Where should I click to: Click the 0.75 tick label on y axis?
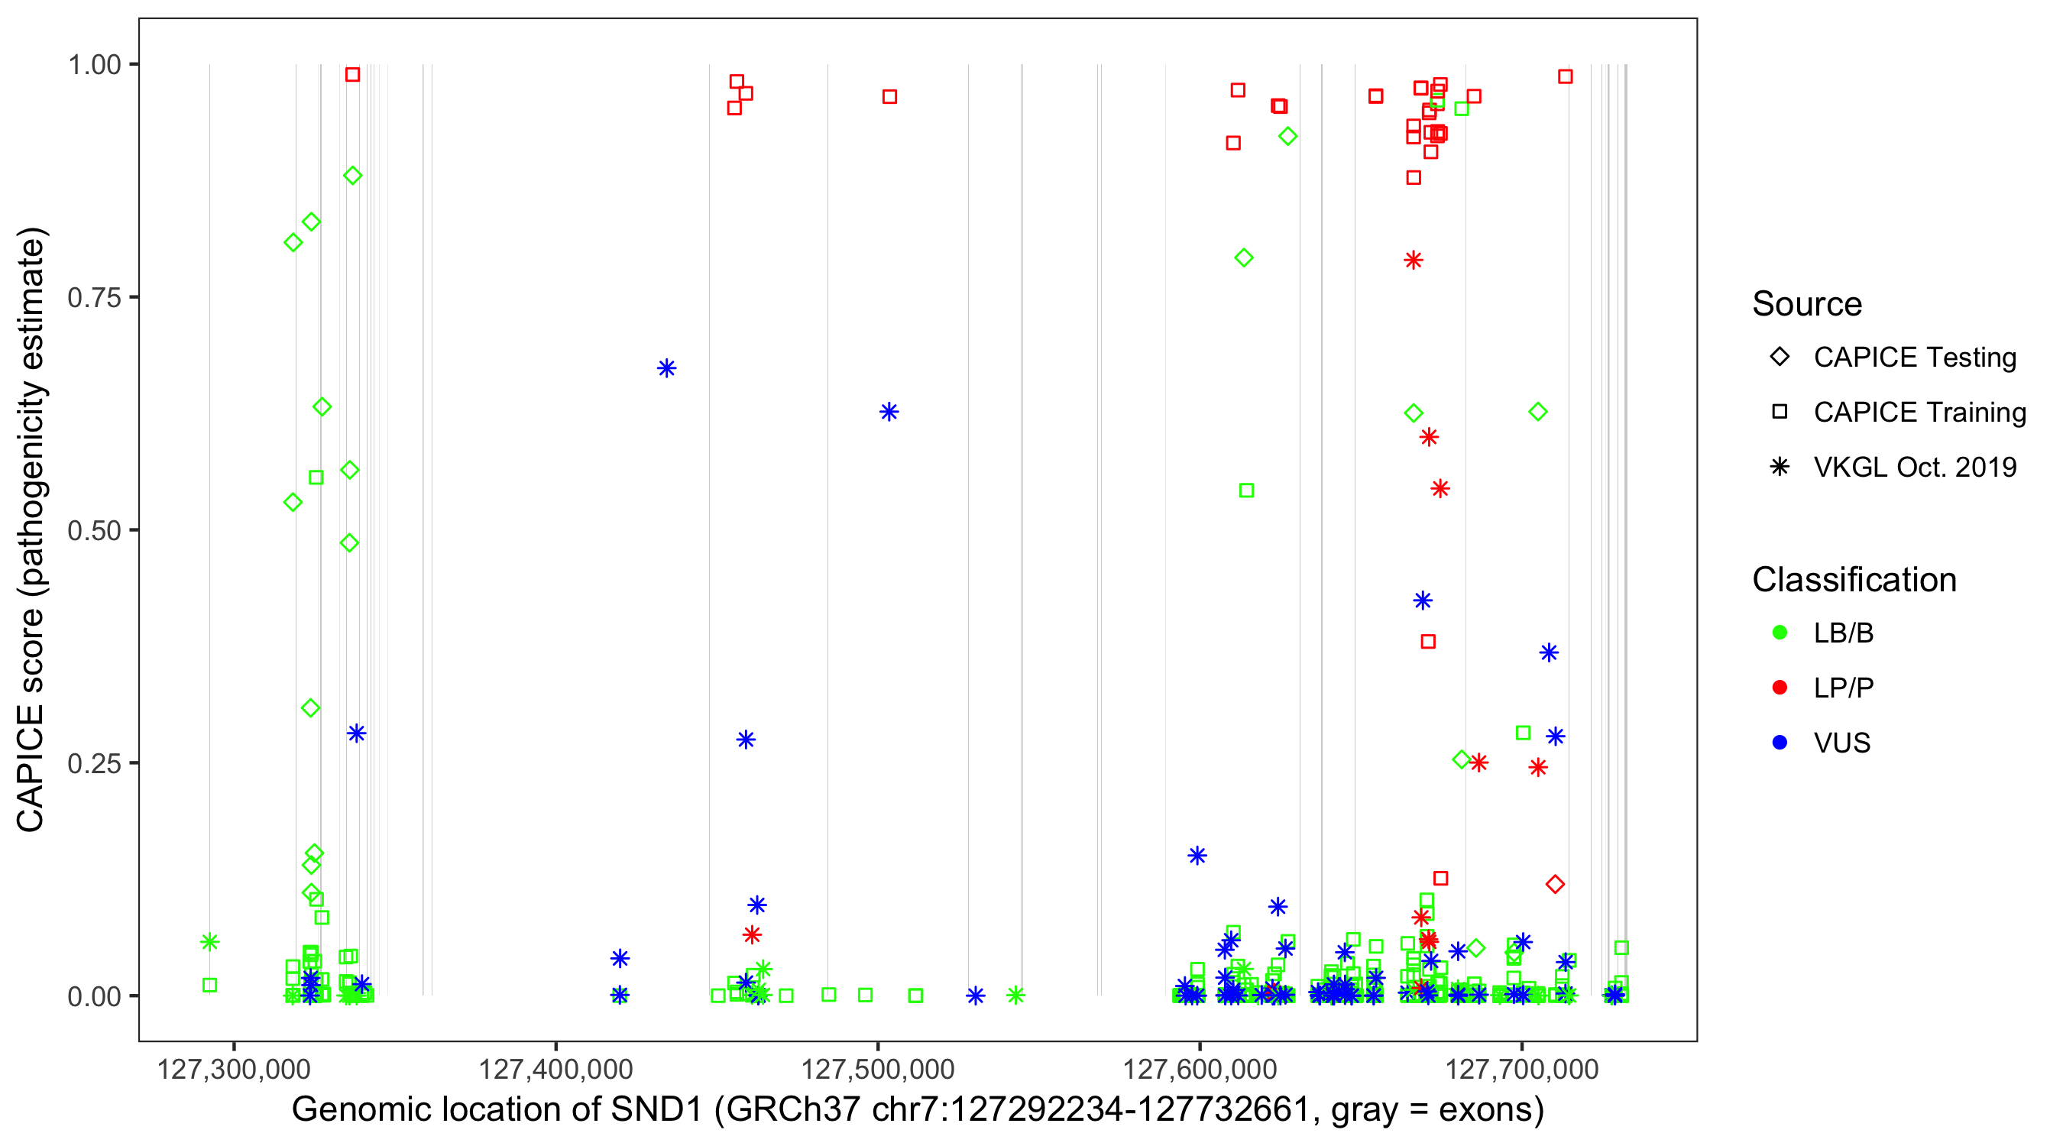click(93, 298)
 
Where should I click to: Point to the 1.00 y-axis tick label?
click(93, 64)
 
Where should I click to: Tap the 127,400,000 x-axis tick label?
click(555, 1069)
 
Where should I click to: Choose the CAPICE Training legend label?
click(1919, 413)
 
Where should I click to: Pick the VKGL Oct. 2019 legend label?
click(1915, 467)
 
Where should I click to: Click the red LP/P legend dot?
click(1780, 688)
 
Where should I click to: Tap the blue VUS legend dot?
click(1780, 743)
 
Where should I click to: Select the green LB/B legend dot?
click(1780, 633)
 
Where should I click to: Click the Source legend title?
click(1807, 304)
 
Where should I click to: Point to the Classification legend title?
click(1854, 580)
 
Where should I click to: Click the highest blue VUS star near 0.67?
click(666, 368)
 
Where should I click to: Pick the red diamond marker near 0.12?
click(1555, 884)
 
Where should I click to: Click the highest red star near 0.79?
click(1414, 261)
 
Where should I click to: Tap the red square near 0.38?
click(1428, 642)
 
